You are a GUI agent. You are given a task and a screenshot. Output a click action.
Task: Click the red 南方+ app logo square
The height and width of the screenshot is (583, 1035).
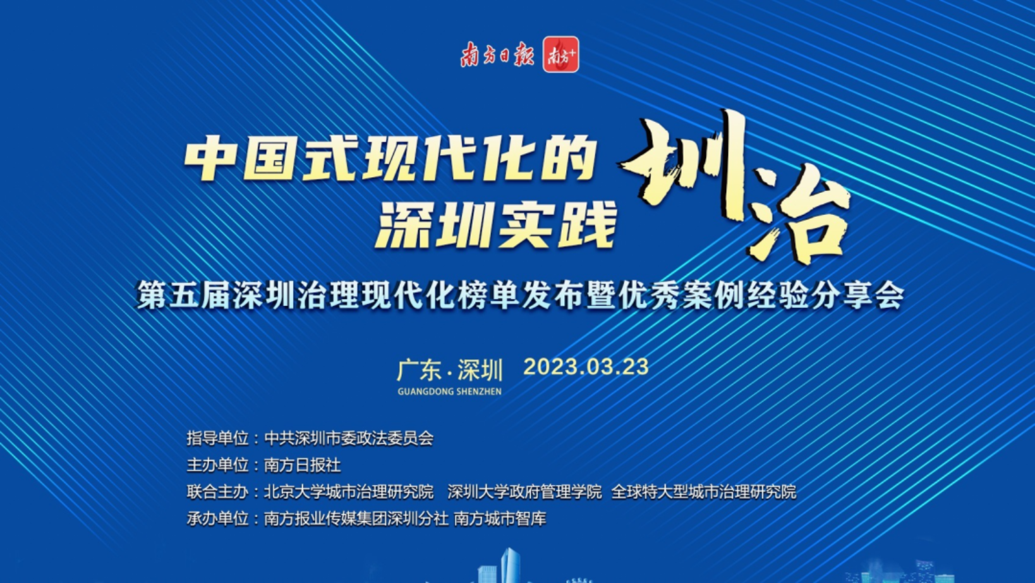pyautogui.click(x=560, y=54)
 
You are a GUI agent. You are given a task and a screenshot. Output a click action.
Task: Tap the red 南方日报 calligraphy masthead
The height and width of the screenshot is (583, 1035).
pyautogui.click(x=497, y=55)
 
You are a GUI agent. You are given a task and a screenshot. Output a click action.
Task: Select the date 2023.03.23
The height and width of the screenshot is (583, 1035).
pyautogui.click(x=586, y=367)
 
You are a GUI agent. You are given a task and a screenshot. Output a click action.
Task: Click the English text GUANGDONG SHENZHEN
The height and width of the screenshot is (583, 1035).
pyautogui.click(x=450, y=391)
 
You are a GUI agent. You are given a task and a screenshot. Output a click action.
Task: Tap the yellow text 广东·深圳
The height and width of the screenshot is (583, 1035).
pyautogui.click(x=450, y=371)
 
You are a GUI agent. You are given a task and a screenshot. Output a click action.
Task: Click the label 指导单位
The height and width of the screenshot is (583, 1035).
pyautogui.click(x=217, y=438)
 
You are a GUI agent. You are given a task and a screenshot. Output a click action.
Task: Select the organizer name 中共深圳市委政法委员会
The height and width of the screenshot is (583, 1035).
pyautogui.click(x=349, y=438)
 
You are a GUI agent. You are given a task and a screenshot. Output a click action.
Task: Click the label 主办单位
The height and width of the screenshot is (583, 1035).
pyautogui.click(x=217, y=465)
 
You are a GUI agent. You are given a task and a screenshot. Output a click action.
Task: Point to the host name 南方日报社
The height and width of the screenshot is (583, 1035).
pyautogui.click(x=303, y=465)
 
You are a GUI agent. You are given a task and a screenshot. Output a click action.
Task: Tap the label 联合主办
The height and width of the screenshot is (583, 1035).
pyautogui.click(x=217, y=492)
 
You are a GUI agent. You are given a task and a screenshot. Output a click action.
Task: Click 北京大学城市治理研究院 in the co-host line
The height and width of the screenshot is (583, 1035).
pyautogui.click(x=349, y=492)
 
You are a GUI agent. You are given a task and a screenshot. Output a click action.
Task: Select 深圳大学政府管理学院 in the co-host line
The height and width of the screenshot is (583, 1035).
pyautogui.click(x=525, y=492)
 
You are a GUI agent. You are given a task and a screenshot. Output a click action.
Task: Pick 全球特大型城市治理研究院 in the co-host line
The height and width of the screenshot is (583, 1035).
pyautogui.click(x=704, y=492)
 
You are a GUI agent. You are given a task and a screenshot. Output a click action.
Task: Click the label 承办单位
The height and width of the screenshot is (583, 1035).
pyautogui.click(x=217, y=519)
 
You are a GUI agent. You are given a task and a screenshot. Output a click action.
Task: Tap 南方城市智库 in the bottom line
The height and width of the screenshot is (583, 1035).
pyautogui.click(x=500, y=519)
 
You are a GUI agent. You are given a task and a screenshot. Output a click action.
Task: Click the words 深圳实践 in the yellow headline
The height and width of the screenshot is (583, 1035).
pyautogui.click(x=495, y=225)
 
